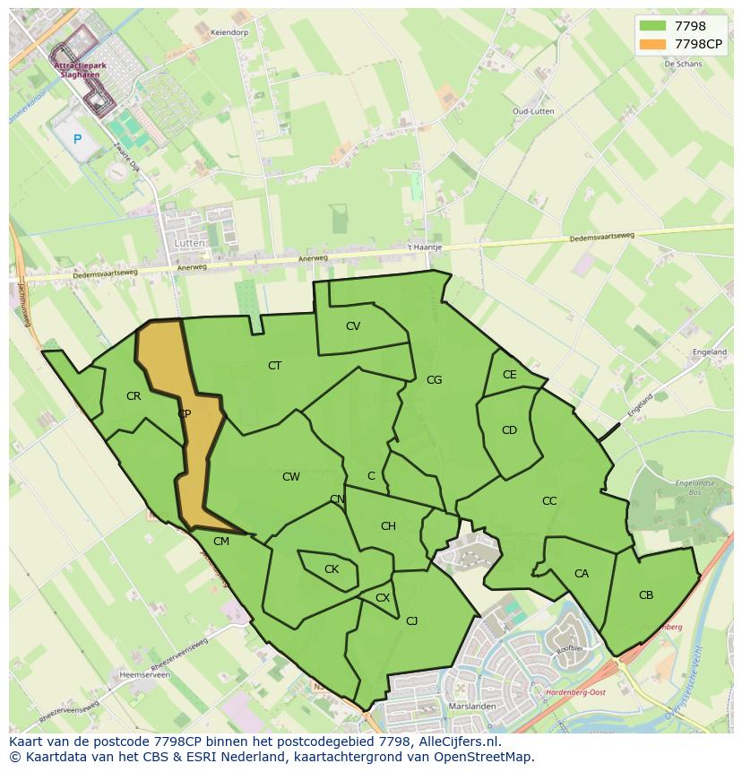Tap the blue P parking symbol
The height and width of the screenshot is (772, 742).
(77, 139)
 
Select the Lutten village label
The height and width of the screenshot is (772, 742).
(189, 243)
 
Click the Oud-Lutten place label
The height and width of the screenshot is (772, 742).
(532, 111)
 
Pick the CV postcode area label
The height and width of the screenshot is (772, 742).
(353, 326)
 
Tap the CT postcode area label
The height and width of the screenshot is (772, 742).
(275, 365)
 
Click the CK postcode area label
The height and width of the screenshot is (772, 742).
(332, 569)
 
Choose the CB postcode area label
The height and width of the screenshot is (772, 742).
(646, 595)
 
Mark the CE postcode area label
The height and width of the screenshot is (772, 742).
(509, 375)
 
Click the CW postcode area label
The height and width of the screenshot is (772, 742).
(291, 477)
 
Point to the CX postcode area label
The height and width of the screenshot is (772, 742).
(383, 598)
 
